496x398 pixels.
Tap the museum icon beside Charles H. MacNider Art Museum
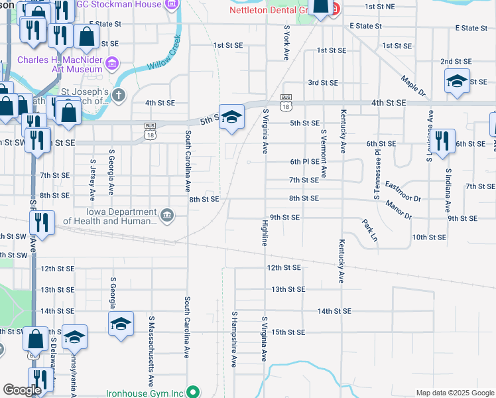[112, 64]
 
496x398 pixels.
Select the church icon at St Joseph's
[119, 95]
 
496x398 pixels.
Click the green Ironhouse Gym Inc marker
[194, 392]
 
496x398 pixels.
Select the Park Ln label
[370, 230]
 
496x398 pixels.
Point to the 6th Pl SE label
[304, 161]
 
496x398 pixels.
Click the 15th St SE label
[287, 332]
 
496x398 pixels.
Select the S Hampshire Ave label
[234, 338]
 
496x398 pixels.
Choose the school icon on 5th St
[231, 117]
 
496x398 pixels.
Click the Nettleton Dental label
[270, 10]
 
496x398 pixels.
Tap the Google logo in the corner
[23, 391]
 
